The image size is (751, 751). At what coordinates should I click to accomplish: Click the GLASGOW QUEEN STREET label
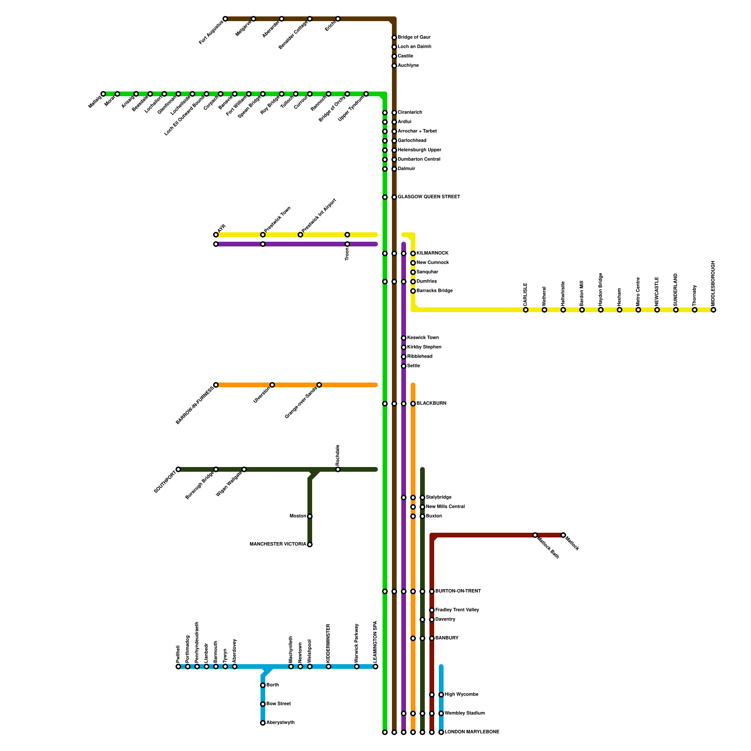click(x=429, y=197)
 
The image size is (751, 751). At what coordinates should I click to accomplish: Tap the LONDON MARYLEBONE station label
click(x=472, y=732)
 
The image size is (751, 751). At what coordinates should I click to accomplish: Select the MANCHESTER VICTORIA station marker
click(x=310, y=544)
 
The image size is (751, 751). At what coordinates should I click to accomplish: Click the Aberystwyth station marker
click(x=263, y=723)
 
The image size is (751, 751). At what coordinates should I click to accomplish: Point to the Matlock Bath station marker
click(x=535, y=535)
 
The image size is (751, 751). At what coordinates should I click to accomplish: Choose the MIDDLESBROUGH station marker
click(x=713, y=310)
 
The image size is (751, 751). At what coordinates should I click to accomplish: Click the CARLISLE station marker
click(x=526, y=310)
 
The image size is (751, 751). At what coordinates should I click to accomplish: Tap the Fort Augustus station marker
click(x=225, y=19)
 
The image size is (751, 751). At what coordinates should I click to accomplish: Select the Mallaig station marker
click(x=103, y=94)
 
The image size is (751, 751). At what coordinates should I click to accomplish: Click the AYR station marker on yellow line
click(x=216, y=235)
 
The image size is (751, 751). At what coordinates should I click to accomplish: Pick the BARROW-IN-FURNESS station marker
click(x=216, y=385)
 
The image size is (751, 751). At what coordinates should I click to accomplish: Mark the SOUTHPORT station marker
click(x=178, y=469)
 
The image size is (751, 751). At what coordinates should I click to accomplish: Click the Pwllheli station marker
click(x=178, y=667)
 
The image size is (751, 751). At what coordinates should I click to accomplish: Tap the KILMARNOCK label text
click(x=432, y=253)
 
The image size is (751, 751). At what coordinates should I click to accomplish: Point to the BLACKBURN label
click(x=431, y=404)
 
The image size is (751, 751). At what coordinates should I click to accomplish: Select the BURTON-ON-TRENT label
click(x=458, y=591)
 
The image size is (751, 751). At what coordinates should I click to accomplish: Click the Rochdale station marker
click(x=338, y=469)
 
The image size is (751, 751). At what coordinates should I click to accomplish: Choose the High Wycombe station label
click(x=461, y=695)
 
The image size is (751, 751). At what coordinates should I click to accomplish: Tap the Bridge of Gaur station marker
click(x=394, y=38)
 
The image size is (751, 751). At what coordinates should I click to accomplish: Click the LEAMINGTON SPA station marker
click(x=375, y=667)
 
